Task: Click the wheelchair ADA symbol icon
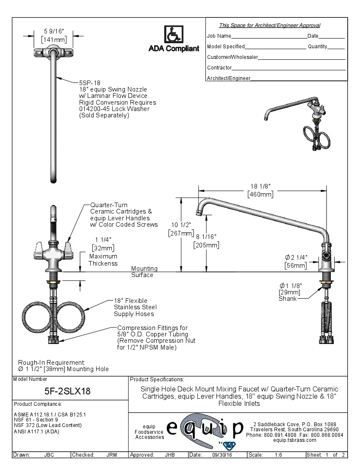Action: coord(173,34)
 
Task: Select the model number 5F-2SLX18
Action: coord(68,391)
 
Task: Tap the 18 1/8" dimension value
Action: coord(260,186)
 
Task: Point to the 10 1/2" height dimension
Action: coord(180,225)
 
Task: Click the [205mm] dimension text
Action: coord(206,245)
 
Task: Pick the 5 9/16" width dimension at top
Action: coord(54,31)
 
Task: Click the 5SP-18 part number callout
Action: coord(90,83)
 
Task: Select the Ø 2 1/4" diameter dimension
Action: coord(296,257)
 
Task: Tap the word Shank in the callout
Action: coord(287,299)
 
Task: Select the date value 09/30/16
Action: coord(222,455)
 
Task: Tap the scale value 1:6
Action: coord(278,455)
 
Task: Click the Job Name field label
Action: coord(219,36)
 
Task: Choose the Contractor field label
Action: coord(219,68)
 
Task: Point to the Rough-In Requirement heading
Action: coord(51,363)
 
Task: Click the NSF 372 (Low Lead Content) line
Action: coord(47,425)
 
